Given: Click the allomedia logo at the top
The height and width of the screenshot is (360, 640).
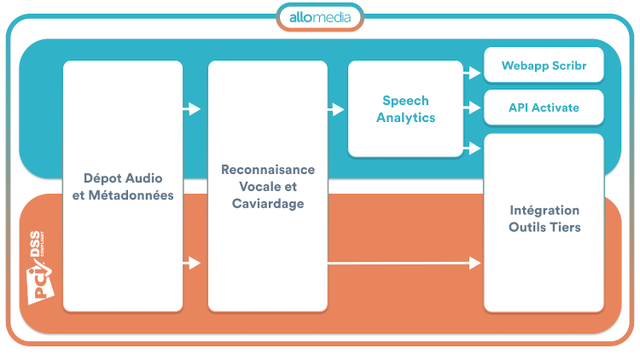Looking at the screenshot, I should coord(320,17).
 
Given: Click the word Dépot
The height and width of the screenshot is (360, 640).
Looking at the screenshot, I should coord(103,178).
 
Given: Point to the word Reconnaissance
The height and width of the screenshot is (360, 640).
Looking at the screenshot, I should coord(268,170).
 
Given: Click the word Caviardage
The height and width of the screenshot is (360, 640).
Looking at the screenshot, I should coord(268,204).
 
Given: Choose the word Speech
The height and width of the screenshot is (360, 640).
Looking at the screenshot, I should coord(405,101).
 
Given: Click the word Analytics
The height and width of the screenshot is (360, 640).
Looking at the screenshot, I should coord(405,118).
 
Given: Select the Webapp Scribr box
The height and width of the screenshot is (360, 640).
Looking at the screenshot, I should coord(544,65).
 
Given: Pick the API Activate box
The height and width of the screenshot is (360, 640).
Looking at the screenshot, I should coord(544,107).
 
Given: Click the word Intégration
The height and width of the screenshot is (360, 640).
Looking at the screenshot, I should coord(544,210).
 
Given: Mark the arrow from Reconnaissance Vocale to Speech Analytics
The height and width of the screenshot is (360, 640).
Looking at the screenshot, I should coord(336,109).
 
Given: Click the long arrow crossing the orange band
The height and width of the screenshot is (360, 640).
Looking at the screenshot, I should coord(404,264).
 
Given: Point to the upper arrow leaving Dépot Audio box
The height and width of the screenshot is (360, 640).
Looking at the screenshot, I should coord(192,109).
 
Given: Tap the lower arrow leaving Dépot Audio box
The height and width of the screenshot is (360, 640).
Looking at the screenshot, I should coord(192,264).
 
